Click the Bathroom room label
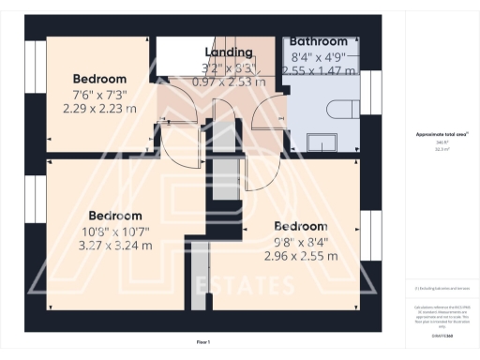click(x=319, y=41)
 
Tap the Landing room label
click(x=228, y=52)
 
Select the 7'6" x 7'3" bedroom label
click(x=99, y=79)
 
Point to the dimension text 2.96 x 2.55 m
click(x=300, y=254)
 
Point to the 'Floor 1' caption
click(x=203, y=342)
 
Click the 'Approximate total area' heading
click(x=442, y=134)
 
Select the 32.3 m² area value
click(x=441, y=148)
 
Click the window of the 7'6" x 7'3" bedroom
click(x=38, y=91)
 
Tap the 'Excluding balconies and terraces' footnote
click(x=441, y=288)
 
